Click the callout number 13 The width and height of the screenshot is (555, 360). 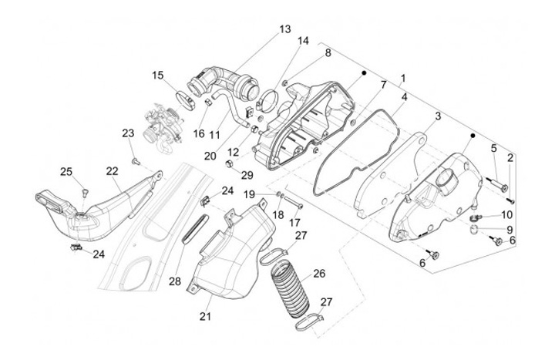285,29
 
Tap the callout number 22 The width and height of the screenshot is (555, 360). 113,171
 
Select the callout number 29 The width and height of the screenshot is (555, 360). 247,175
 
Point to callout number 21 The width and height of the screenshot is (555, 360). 205,316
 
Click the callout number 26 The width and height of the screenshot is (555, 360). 319,274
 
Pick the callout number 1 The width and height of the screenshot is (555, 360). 403,78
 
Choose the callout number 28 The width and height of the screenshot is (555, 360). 175,281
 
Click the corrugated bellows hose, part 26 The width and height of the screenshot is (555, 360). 291,289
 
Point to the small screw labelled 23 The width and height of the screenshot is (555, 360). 136,162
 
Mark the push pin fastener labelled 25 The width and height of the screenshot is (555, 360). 84,192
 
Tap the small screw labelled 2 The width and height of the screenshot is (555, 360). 510,201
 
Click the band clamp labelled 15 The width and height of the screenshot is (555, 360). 187,100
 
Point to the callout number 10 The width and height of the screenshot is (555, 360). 506,214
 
